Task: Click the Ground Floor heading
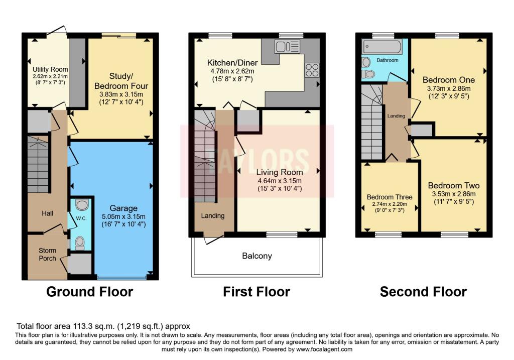coord(89,292)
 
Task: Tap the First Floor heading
coord(256,292)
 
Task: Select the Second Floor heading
coord(423,292)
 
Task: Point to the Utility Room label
coord(50,69)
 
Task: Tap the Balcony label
coord(257,256)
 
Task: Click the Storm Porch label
coord(48,254)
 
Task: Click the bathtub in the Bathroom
coord(383,48)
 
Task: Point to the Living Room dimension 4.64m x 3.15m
coord(279,181)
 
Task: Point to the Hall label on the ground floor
coord(47,213)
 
